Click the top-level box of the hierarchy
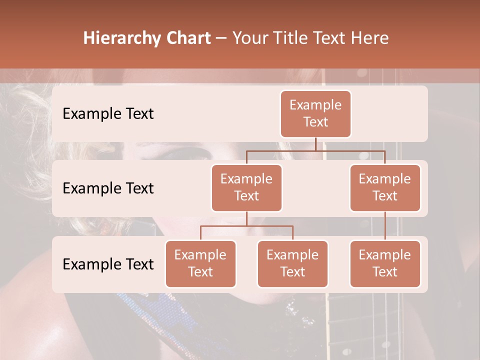315,114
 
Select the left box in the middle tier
246,187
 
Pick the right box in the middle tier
385,187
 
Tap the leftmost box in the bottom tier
200,263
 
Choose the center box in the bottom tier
292,263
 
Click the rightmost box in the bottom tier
385,263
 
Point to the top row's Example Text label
108,114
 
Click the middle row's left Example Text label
108,188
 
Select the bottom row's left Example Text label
108,264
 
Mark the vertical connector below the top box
315,144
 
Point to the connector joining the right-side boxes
385,226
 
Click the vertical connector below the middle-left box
246,218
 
